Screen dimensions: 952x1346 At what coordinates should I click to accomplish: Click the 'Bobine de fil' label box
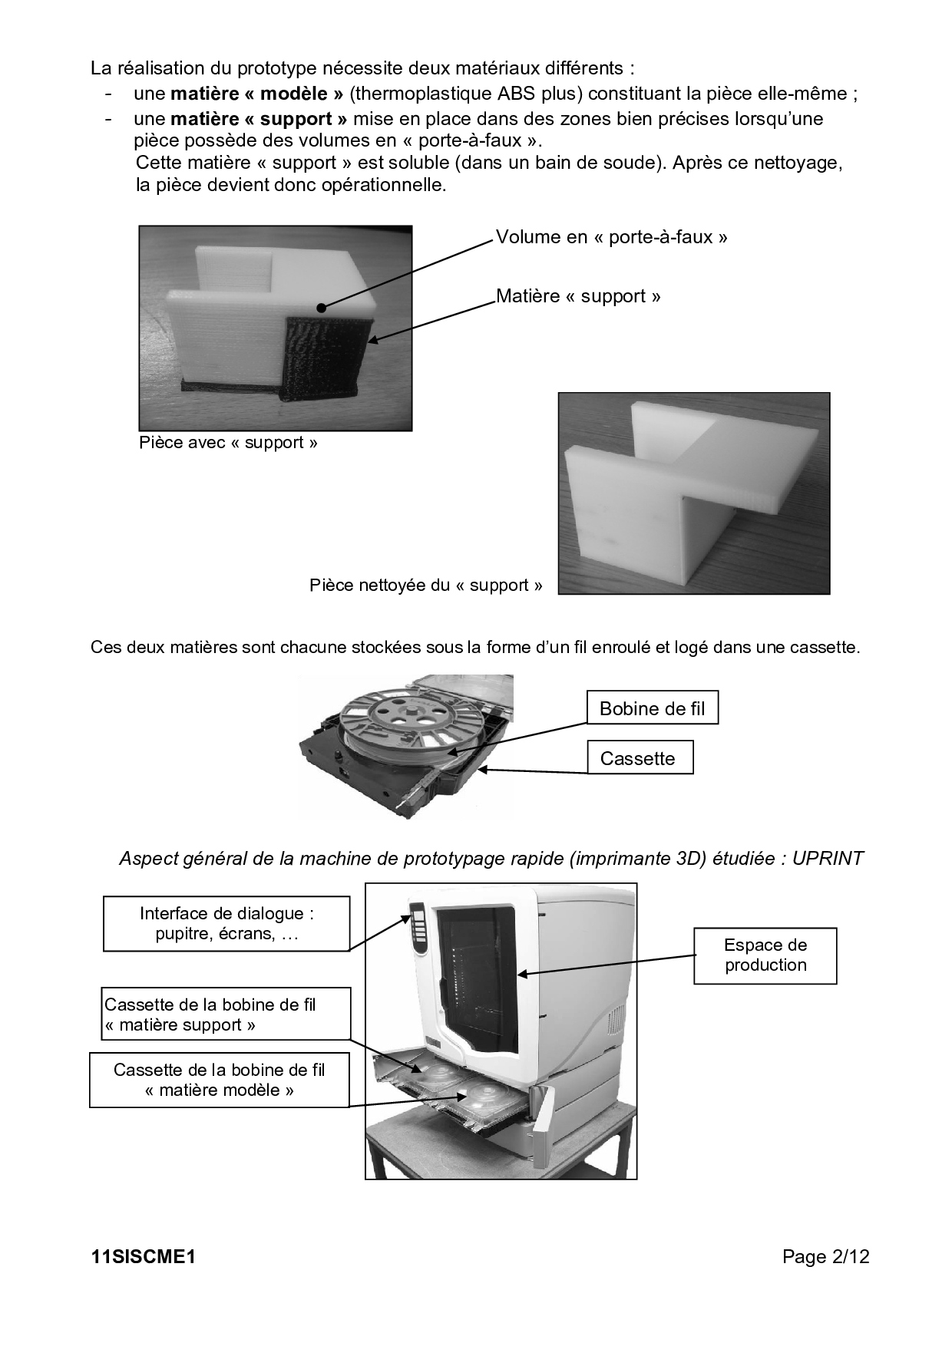tap(653, 708)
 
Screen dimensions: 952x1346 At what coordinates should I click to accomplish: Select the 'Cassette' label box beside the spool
tap(640, 757)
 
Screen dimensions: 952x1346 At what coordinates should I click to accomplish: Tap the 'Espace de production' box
tap(765, 955)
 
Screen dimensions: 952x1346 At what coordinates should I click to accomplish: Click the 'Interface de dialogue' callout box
tap(226, 924)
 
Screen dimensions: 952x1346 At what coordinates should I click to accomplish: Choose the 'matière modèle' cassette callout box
tap(220, 1080)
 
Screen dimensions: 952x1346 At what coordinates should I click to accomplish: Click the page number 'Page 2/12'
tap(825, 1257)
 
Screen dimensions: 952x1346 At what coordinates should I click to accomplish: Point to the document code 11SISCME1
tap(144, 1257)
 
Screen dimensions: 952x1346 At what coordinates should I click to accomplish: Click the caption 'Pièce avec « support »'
tap(228, 443)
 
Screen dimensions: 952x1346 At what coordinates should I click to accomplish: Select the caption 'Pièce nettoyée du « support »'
tap(425, 586)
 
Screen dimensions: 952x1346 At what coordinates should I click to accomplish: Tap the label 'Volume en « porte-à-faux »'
tap(611, 237)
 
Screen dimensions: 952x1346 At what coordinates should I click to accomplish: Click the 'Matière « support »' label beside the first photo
tap(578, 296)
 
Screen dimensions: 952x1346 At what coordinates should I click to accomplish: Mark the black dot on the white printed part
tap(321, 308)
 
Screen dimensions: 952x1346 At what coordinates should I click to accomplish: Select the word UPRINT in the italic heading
tap(828, 858)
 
